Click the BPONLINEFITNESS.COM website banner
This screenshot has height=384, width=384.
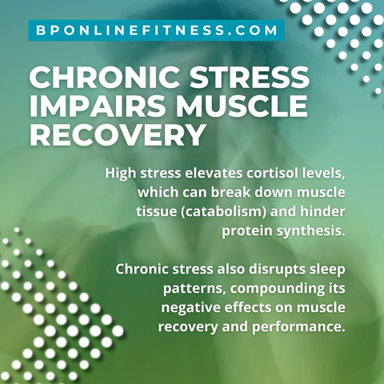tap(156, 30)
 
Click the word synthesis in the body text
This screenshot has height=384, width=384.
tap(309, 231)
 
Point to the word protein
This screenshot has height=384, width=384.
tap(246, 231)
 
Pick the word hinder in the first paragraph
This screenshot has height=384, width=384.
tap(322, 211)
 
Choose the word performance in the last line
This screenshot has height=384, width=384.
tap(297, 327)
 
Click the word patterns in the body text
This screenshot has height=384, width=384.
tap(194, 289)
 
